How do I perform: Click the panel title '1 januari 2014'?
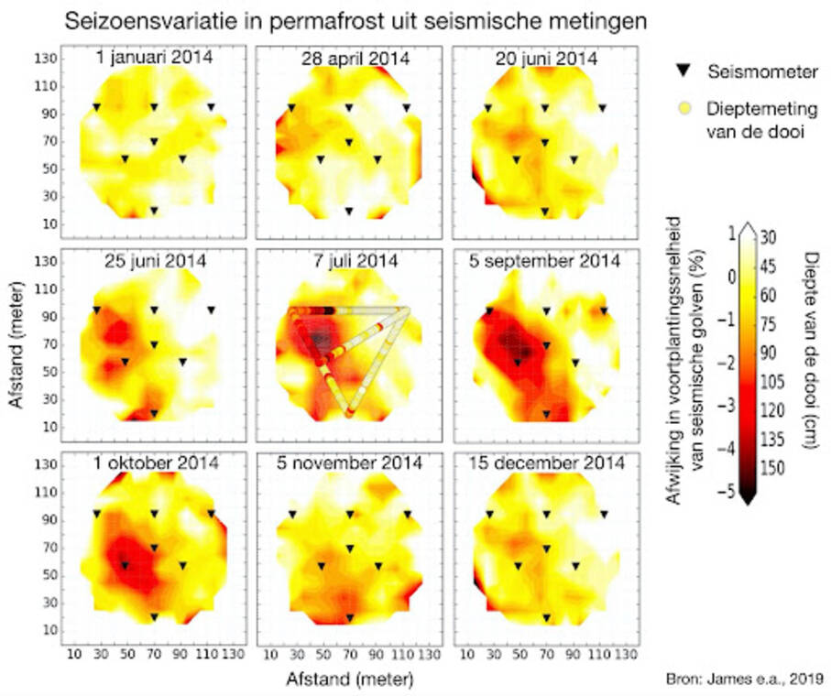pos(154,58)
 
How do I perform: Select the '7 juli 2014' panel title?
pos(348,261)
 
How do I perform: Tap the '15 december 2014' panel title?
pos(546,463)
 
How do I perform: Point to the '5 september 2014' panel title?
pos(546,261)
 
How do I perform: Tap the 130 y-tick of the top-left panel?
pos(47,59)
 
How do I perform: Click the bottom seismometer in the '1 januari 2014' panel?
pos(154,211)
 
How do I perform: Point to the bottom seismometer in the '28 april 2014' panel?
pos(349,211)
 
